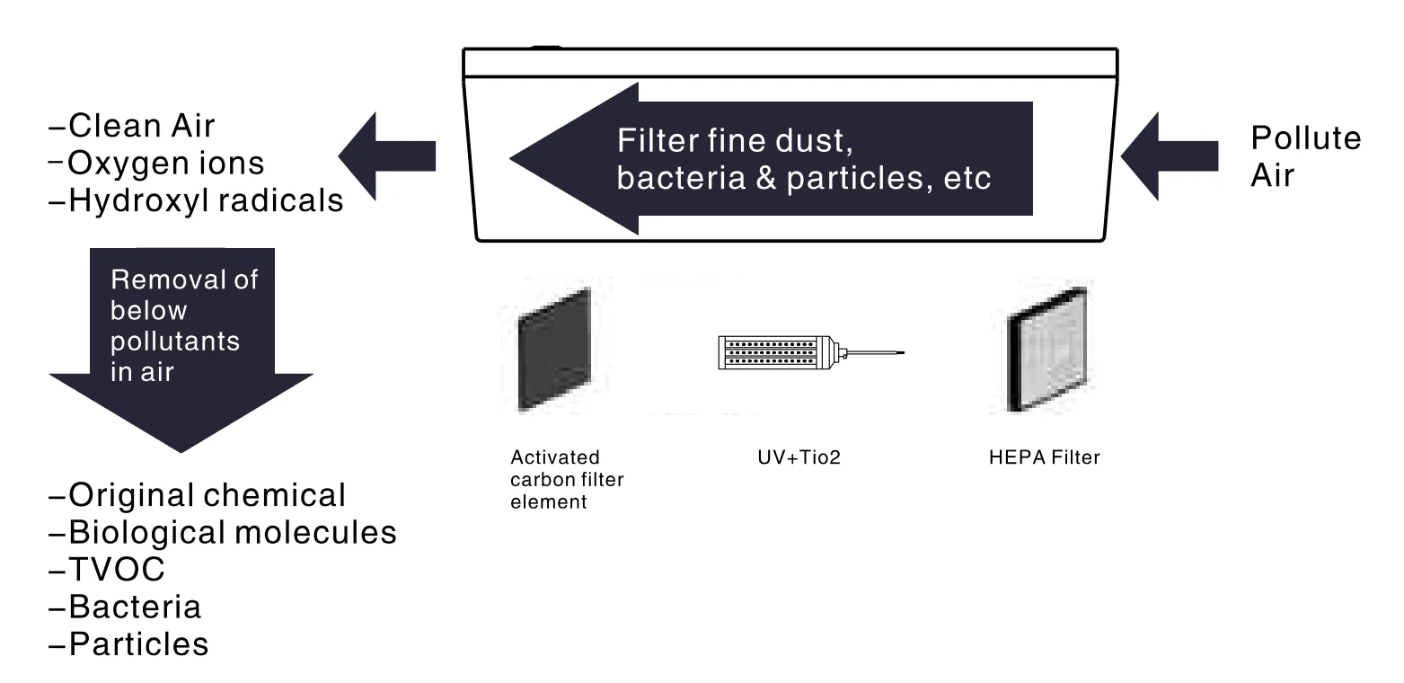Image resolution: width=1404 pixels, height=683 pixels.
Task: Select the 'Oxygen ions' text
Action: coord(158,163)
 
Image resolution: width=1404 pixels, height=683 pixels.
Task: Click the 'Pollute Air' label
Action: coord(1305,155)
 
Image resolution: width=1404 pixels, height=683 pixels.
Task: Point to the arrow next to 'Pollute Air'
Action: coord(1170,156)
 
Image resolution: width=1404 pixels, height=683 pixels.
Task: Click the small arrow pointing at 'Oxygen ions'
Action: coord(387,156)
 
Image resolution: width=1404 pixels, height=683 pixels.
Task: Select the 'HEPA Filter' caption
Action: coord(1043,457)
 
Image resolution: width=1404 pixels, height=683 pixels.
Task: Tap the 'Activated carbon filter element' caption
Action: coord(567,480)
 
